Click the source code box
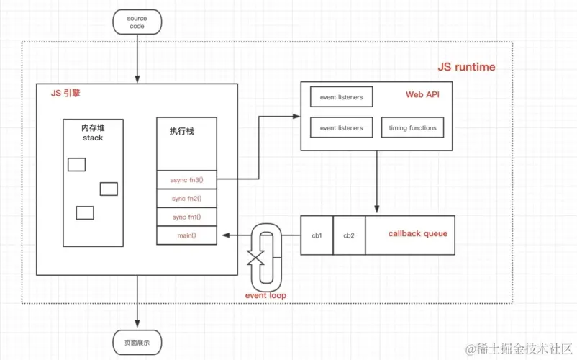pos(136,22)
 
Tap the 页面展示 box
pos(137,343)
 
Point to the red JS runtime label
pos(466,67)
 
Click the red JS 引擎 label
pos(65,93)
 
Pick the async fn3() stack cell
pos(187,179)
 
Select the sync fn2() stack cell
pos(187,198)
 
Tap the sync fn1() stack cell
pos(187,217)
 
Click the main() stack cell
pos(187,235)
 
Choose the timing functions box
pos(412,128)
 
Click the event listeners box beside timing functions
pos(341,128)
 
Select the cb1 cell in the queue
pos(317,235)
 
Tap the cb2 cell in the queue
pos(349,235)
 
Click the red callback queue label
pos(417,233)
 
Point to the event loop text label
pos(266,295)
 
